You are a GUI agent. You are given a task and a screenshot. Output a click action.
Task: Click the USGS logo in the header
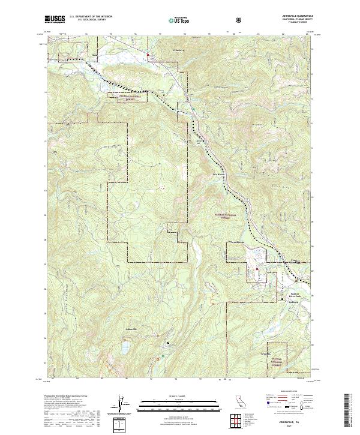click(x=55, y=19)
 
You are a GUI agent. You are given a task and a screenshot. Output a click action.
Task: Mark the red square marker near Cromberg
click(x=148, y=56)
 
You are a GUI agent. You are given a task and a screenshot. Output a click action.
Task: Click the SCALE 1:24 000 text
click(x=179, y=397)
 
